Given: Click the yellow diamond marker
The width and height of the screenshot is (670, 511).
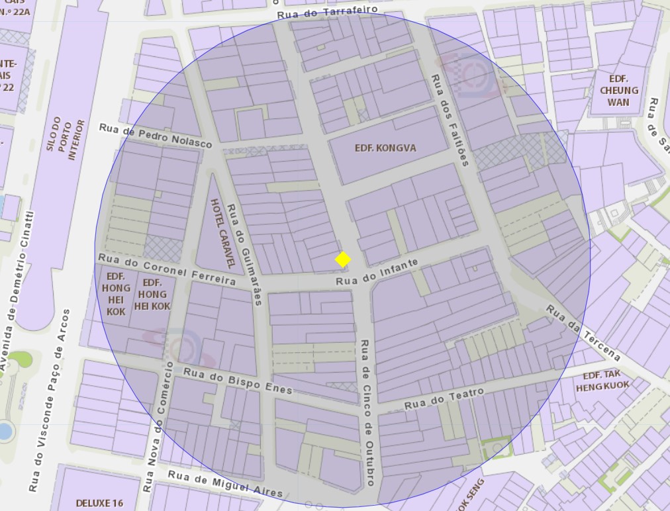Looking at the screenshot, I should [343, 259].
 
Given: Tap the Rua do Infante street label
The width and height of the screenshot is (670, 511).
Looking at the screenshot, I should [377, 272].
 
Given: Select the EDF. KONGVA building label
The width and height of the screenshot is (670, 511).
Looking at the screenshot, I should [385, 148].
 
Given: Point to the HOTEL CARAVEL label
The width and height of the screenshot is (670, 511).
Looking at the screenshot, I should [222, 233].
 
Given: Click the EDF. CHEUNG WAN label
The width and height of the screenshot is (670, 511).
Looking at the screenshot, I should [619, 91].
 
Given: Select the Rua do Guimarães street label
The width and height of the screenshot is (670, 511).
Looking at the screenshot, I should [244, 254].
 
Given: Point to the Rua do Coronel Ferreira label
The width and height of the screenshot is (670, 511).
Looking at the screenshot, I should [167, 269].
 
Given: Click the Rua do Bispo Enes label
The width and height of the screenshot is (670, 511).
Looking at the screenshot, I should [238, 381].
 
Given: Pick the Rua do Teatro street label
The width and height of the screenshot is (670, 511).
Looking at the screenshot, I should [444, 398].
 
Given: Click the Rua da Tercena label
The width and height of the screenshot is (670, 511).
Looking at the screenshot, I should [583, 332].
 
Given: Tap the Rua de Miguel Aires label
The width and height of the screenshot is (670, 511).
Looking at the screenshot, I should [225, 484].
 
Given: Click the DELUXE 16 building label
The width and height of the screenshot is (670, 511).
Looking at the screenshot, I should [99, 503].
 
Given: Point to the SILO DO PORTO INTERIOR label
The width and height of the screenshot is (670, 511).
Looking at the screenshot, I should [68, 140].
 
